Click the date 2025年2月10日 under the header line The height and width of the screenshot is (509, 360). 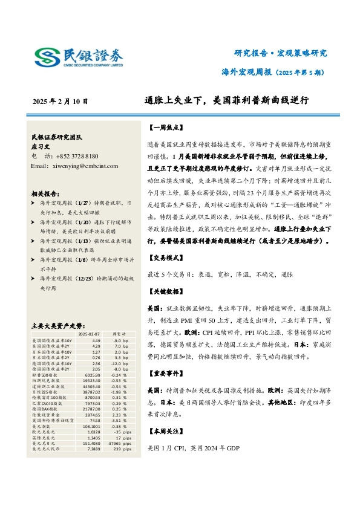pyautogui.click(x=61, y=102)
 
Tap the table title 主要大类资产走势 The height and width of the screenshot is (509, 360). pyautogui.click(x=59, y=325)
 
